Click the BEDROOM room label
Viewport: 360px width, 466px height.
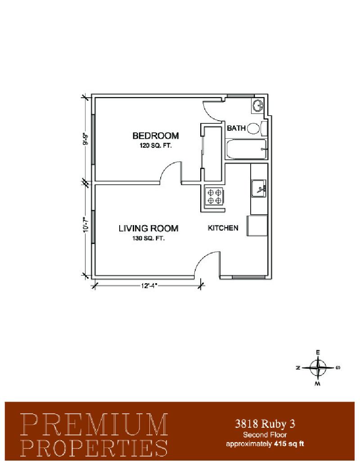pos(156,136)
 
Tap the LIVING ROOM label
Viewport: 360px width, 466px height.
pos(148,228)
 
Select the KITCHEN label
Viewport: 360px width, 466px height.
pos(223,228)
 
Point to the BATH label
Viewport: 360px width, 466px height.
pos(236,128)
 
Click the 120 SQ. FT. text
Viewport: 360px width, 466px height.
pos(155,146)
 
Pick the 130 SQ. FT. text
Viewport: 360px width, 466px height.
pos(148,238)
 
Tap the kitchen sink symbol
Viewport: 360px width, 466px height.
pos(259,188)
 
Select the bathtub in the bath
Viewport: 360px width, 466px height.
pos(246,149)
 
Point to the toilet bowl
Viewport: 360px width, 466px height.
pos(253,128)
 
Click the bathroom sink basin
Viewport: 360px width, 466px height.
pos(257,105)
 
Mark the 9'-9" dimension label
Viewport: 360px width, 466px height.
pos(85,138)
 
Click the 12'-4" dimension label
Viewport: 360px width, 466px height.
pos(148,286)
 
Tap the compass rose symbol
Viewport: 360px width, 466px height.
pos(318,368)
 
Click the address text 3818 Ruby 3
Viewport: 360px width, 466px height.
pos(265,424)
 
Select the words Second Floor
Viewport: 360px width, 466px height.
pos(265,435)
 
